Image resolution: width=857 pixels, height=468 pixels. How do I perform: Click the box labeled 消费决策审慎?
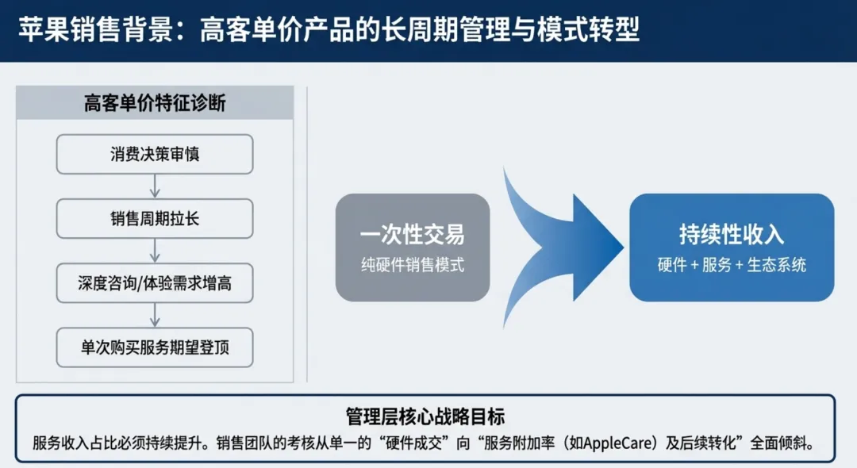[x=155, y=154]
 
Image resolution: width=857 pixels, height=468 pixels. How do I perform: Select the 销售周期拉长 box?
[x=155, y=219]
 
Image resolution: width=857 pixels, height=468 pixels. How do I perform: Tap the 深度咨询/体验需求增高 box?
[x=155, y=283]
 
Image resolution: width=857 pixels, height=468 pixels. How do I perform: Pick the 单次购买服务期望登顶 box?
[x=155, y=347]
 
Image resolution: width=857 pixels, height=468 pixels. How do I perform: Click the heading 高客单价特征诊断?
[x=155, y=103]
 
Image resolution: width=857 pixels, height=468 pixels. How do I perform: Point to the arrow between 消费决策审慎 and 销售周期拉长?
[x=155, y=186]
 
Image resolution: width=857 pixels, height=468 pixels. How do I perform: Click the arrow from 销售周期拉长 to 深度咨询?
[x=155, y=251]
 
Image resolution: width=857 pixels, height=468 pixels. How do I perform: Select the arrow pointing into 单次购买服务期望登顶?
[x=155, y=315]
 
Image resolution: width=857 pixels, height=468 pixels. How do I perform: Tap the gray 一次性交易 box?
[x=413, y=247]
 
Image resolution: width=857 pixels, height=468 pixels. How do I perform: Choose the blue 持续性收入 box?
[x=732, y=247]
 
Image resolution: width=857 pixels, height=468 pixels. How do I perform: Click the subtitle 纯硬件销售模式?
[x=413, y=265]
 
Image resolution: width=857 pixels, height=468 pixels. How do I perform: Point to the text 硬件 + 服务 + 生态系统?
[x=732, y=265]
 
